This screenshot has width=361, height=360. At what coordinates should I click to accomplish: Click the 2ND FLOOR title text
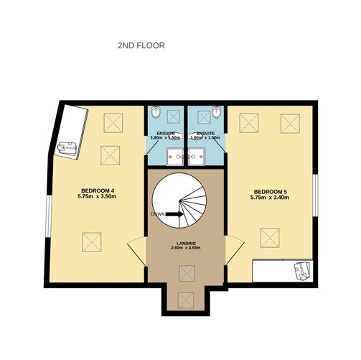click(x=141, y=45)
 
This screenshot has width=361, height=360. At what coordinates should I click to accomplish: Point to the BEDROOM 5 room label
click(x=271, y=191)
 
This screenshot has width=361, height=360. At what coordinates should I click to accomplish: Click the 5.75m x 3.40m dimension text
click(x=271, y=198)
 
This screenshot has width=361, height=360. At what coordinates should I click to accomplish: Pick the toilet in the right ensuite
click(x=216, y=113)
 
